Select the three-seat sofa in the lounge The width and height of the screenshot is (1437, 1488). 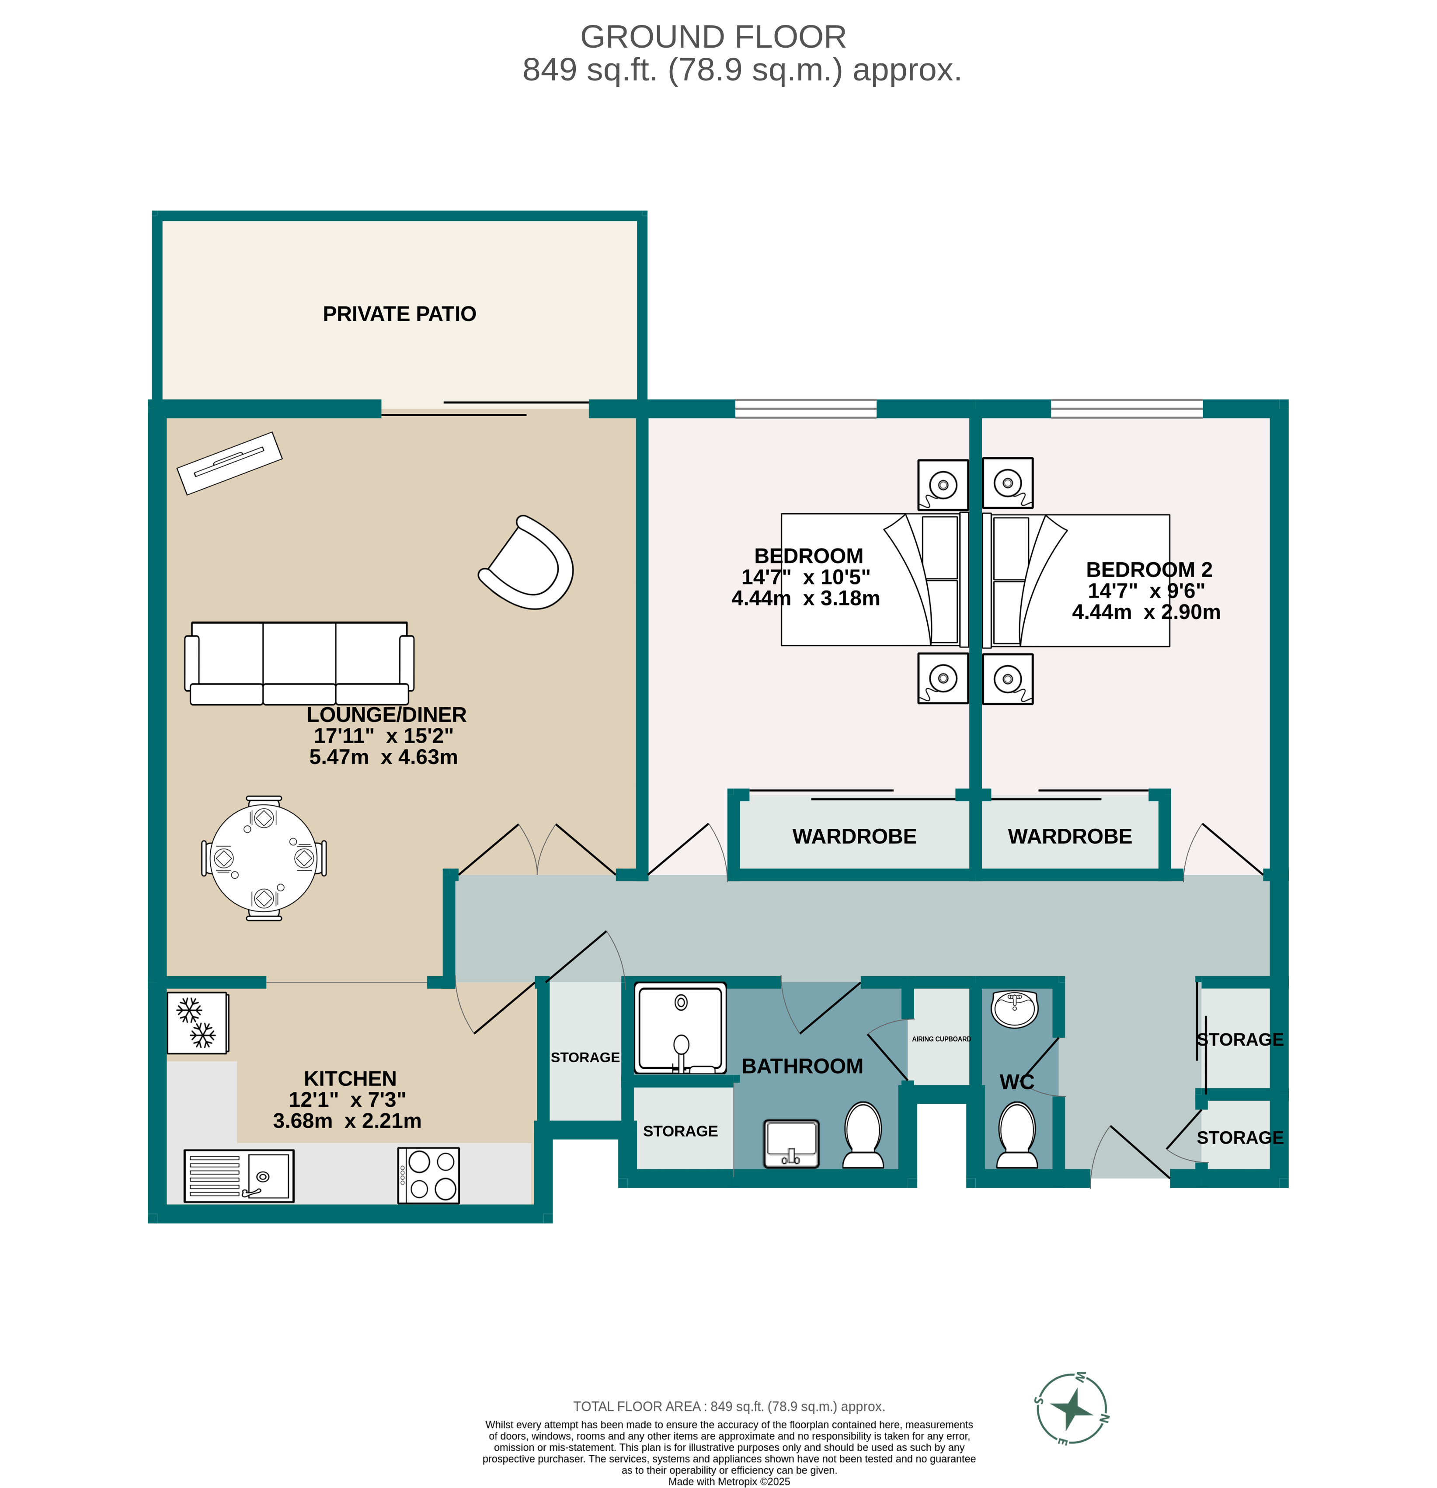click(299, 663)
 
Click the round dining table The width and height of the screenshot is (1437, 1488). click(264, 858)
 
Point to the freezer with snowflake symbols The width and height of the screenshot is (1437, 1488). click(197, 1022)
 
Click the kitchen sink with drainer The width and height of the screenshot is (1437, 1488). click(238, 1175)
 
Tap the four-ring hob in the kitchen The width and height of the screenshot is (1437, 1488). click(428, 1175)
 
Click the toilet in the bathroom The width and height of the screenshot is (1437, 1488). click(863, 1136)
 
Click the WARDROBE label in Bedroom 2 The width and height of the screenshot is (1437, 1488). click(1070, 837)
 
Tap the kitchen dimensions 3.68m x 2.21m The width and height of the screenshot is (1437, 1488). click(347, 1120)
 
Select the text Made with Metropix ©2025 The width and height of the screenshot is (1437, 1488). click(729, 1481)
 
